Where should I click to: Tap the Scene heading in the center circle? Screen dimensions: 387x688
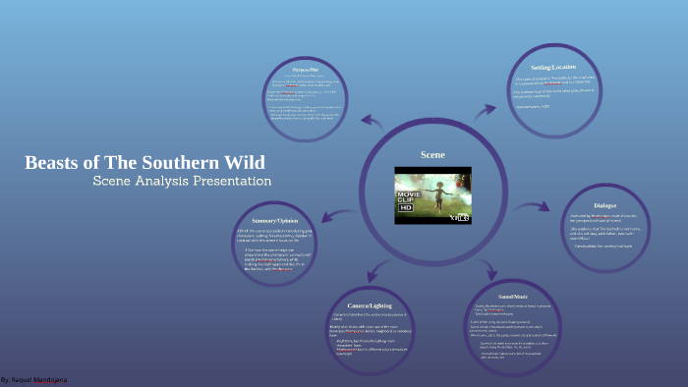432,155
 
